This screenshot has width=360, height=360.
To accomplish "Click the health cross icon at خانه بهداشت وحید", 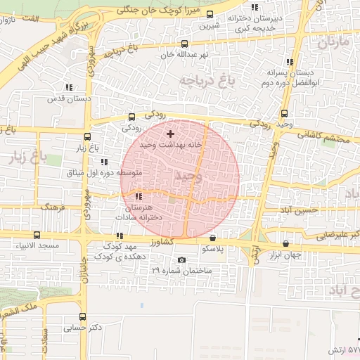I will tap(170, 134).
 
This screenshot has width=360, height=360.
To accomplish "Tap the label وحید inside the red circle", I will tap(189, 175).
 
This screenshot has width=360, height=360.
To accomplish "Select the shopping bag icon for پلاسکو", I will tap(212, 238).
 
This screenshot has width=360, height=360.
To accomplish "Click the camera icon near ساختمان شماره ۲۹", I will tap(182, 261).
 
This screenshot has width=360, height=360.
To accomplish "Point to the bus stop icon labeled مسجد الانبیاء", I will tap(37, 235).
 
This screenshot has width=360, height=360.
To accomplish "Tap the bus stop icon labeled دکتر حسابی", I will tap(83, 317).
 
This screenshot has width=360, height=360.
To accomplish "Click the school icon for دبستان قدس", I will tap(69, 88).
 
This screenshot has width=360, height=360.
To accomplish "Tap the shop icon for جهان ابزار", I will tap(285, 243).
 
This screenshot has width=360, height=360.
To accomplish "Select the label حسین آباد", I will tap(301, 210).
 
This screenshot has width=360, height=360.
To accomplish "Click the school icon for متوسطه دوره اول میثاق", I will tap(104, 162).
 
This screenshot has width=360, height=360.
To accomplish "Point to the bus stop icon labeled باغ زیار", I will tap(87, 137).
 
